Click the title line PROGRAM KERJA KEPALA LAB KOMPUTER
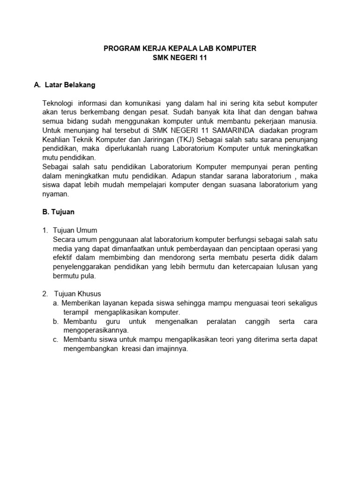tap(180, 49)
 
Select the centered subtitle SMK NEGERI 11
tap(180, 58)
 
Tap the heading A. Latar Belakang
tap(65, 85)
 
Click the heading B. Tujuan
tap(58, 212)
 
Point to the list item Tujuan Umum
tap(75, 230)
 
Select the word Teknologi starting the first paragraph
tap(58, 103)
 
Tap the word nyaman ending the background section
tap(55, 194)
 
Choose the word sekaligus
tap(301, 303)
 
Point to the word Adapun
tap(185, 176)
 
